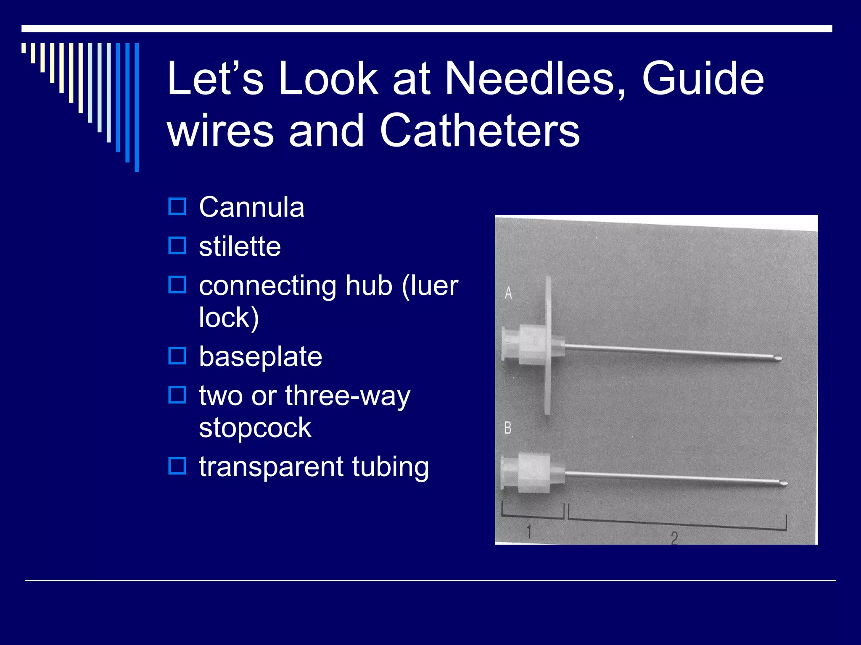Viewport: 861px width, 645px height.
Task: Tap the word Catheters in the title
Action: click(x=480, y=131)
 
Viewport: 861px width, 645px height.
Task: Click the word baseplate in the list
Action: click(x=261, y=357)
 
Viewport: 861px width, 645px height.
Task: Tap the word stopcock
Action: click(x=255, y=428)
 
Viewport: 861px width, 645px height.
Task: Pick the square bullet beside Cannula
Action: click(x=177, y=207)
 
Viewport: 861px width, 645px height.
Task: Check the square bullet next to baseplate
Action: click(x=177, y=356)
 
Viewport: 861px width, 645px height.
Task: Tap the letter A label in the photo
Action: click(x=508, y=293)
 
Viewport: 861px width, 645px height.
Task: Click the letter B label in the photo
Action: click(x=508, y=428)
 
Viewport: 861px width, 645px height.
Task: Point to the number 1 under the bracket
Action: click(x=529, y=531)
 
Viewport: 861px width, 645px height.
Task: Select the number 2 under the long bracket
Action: click(x=674, y=537)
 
